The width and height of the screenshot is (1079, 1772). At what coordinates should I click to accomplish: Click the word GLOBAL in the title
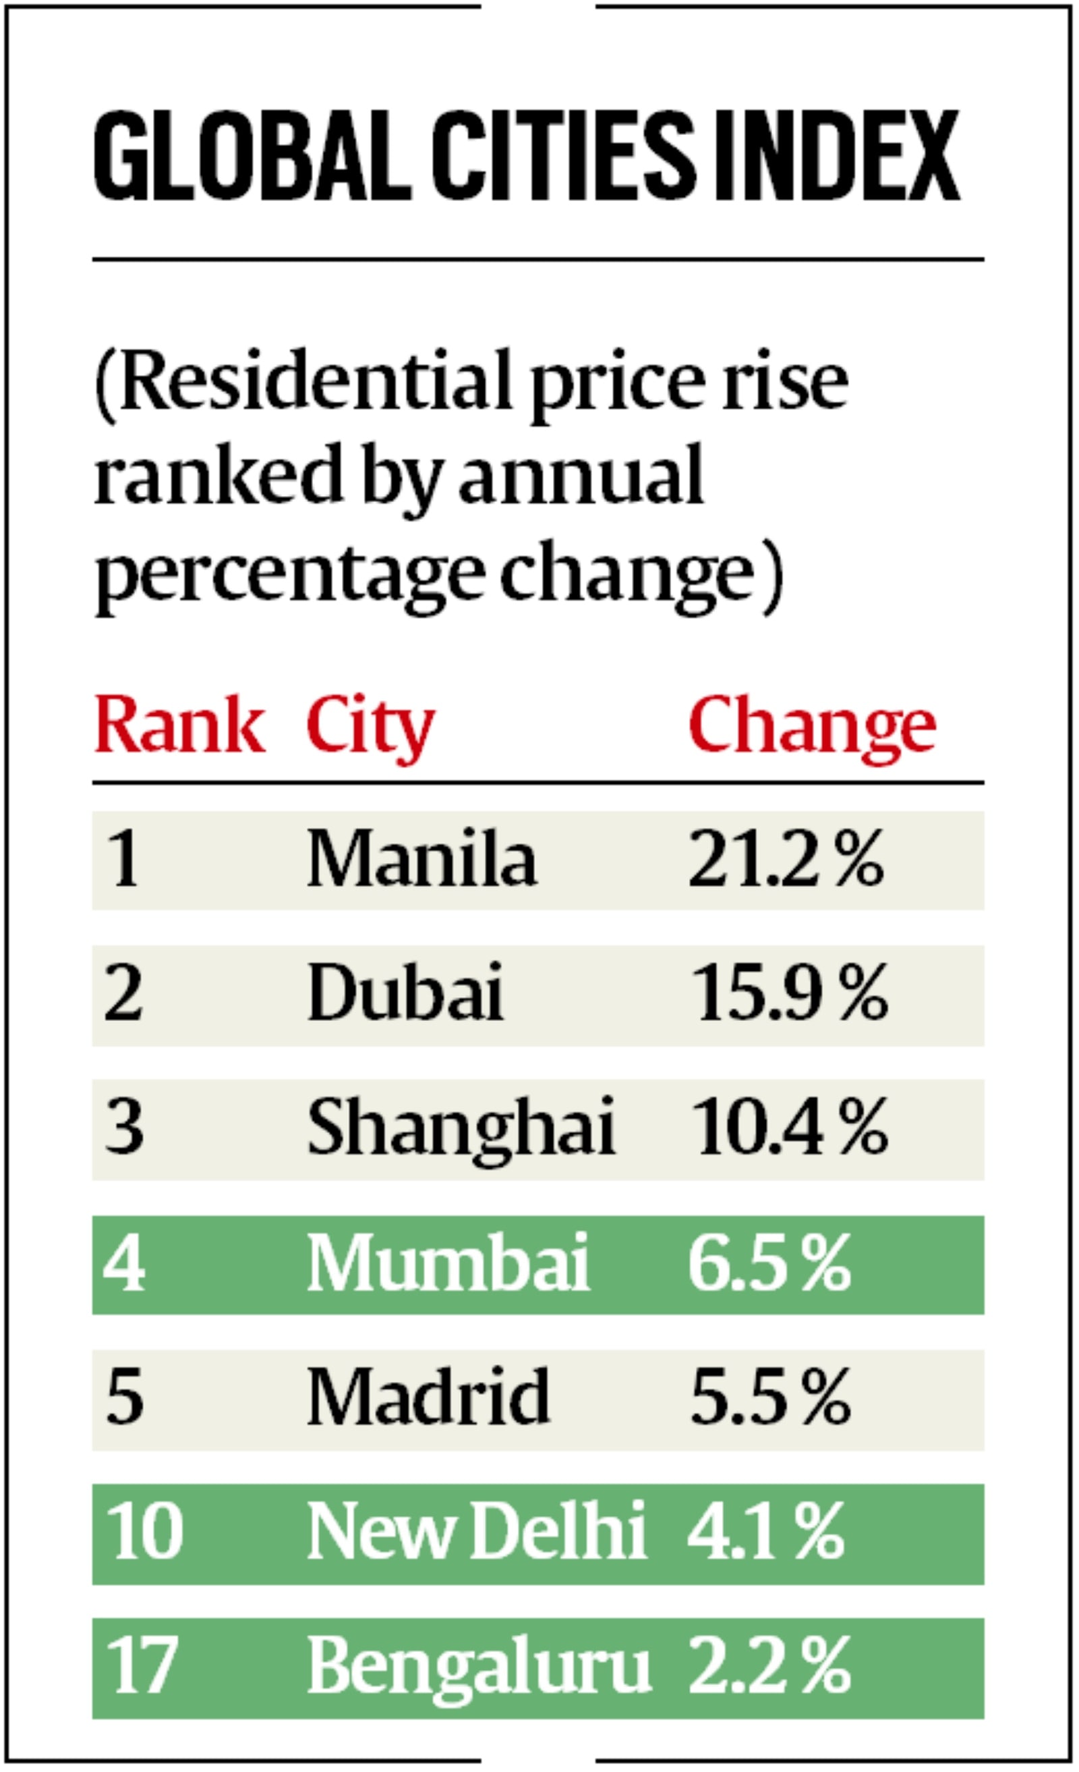point(252,156)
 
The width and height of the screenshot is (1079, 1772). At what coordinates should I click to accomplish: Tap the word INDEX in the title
point(837,156)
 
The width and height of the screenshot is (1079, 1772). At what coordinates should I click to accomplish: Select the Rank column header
point(179,726)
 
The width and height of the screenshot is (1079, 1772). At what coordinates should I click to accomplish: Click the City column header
point(370,726)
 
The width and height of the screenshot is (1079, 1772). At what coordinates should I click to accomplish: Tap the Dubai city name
point(405,993)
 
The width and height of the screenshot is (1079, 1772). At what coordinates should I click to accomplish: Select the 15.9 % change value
point(788,993)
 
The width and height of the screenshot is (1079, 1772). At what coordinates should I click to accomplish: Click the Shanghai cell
point(461,1128)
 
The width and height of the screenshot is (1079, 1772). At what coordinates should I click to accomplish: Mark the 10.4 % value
point(788,1128)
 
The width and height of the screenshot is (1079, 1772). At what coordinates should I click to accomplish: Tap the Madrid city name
point(428,1397)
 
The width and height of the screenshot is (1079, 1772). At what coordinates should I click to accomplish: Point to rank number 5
point(123,1397)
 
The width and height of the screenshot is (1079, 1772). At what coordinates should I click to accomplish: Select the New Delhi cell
point(477,1531)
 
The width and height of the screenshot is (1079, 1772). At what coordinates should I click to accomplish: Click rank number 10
point(144,1531)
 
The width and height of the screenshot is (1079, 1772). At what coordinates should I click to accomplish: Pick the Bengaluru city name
point(479,1667)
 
